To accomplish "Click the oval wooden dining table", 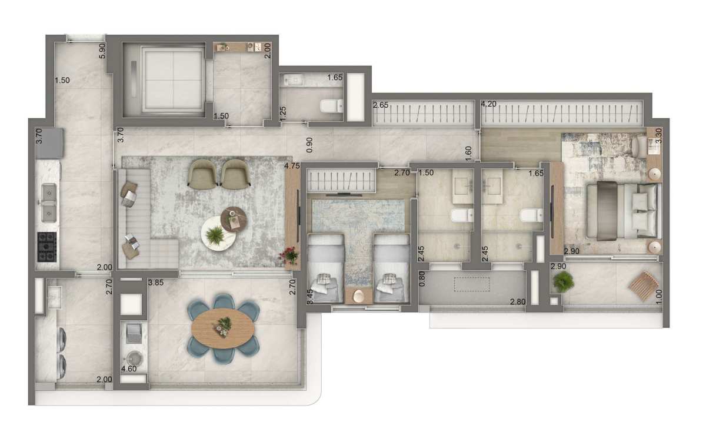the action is [x=223, y=328].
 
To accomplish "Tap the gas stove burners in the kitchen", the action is [x=47, y=247].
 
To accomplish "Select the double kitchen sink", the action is [x=49, y=203].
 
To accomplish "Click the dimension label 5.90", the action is [x=102, y=51].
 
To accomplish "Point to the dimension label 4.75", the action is [x=292, y=166].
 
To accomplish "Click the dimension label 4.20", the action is [x=488, y=104].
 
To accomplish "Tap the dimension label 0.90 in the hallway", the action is [x=309, y=145].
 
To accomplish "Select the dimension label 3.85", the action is [x=156, y=283].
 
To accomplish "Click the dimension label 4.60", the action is [x=129, y=368].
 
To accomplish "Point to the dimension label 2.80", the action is [x=518, y=302].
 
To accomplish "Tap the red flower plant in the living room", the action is [x=289, y=255].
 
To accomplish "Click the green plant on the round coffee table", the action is [x=215, y=235].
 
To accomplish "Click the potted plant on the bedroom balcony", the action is [x=563, y=281].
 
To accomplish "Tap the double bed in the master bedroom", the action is [x=624, y=211].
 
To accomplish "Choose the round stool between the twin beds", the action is [x=358, y=296].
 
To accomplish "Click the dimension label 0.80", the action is [x=422, y=279].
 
